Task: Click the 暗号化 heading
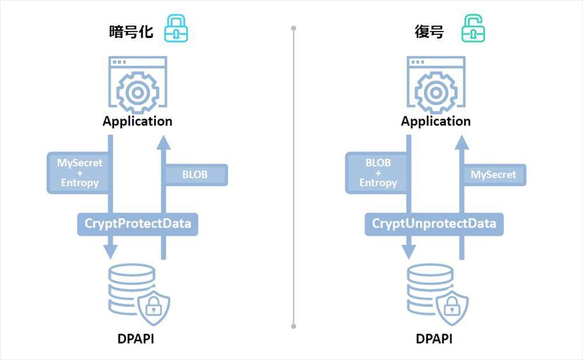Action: pos(131,31)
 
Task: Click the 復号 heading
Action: pos(429,31)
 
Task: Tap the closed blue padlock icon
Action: pos(175,29)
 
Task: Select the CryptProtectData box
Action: pos(138,224)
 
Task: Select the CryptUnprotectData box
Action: pos(434,224)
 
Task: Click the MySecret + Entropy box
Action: pos(79,172)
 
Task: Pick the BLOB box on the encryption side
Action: pos(195,175)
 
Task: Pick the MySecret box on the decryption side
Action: pos(493,175)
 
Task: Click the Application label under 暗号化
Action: pos(138,121)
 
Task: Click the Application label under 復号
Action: pos(436,121)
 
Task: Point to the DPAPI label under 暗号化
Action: pos(138,338)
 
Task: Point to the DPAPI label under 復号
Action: pos(436,338)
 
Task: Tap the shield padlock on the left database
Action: pos(153,306)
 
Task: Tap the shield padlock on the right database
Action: pos(451,306)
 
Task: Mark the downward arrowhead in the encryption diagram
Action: pos(110,252)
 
